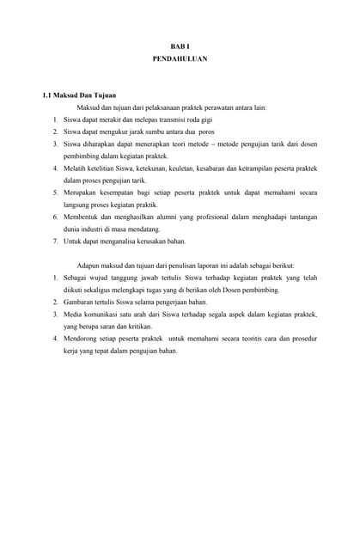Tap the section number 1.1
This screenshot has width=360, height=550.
[x=48, y=95]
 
